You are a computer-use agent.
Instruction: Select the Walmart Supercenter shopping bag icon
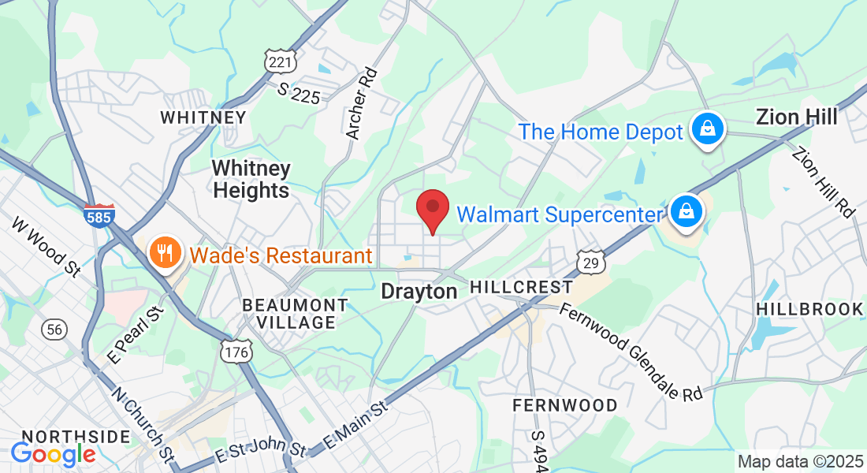pos(687,212)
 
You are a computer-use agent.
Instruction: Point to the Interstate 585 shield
pos(99,215)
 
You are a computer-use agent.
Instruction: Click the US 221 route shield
pos(276,61)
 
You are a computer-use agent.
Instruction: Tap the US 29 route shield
pos(590,263)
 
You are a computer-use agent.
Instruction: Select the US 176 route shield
pos(236,351)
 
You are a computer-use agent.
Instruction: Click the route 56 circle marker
pos(54,330)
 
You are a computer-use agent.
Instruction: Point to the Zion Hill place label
pos(796,117)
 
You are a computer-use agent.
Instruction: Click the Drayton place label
pos(419,292)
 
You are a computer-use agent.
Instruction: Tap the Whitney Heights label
pos(251,179)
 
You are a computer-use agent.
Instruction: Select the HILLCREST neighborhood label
pos(521,287)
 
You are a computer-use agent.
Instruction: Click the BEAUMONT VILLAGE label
pos(295,314)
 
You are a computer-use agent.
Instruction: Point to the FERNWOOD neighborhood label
pos(565,405)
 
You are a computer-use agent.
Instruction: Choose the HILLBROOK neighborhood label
pos(809,309)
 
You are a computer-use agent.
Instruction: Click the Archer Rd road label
pos(363,103)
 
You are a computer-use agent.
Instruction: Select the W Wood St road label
pos(47,245)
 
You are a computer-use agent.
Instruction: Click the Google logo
pos(53,454)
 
